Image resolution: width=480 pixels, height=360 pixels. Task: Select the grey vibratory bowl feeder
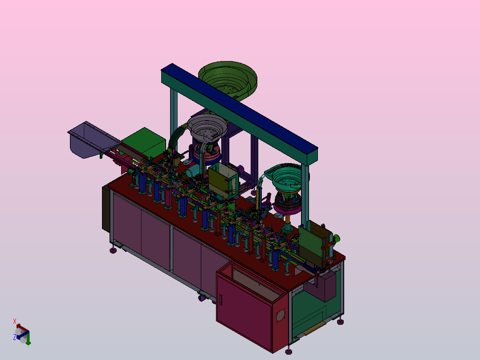coord(207,127)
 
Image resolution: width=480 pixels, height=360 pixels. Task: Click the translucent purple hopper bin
coord(92,139)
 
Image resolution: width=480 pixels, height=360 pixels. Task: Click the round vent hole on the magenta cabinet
coord(281,315)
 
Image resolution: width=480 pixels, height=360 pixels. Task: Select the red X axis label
coord(14,321)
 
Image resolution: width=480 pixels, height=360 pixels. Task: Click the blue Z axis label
coord(14,337)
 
